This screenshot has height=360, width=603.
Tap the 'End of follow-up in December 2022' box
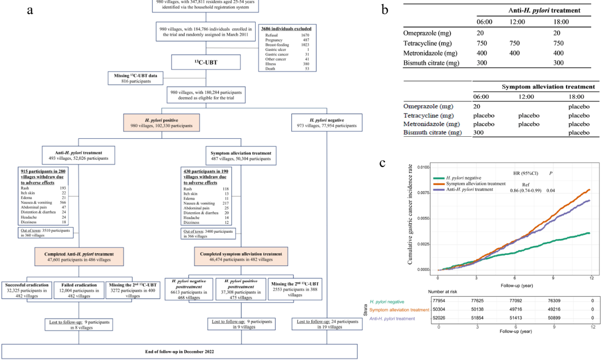click(179, 351)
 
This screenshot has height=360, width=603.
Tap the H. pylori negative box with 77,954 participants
click(326, 122)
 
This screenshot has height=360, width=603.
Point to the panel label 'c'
click(383, 163)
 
